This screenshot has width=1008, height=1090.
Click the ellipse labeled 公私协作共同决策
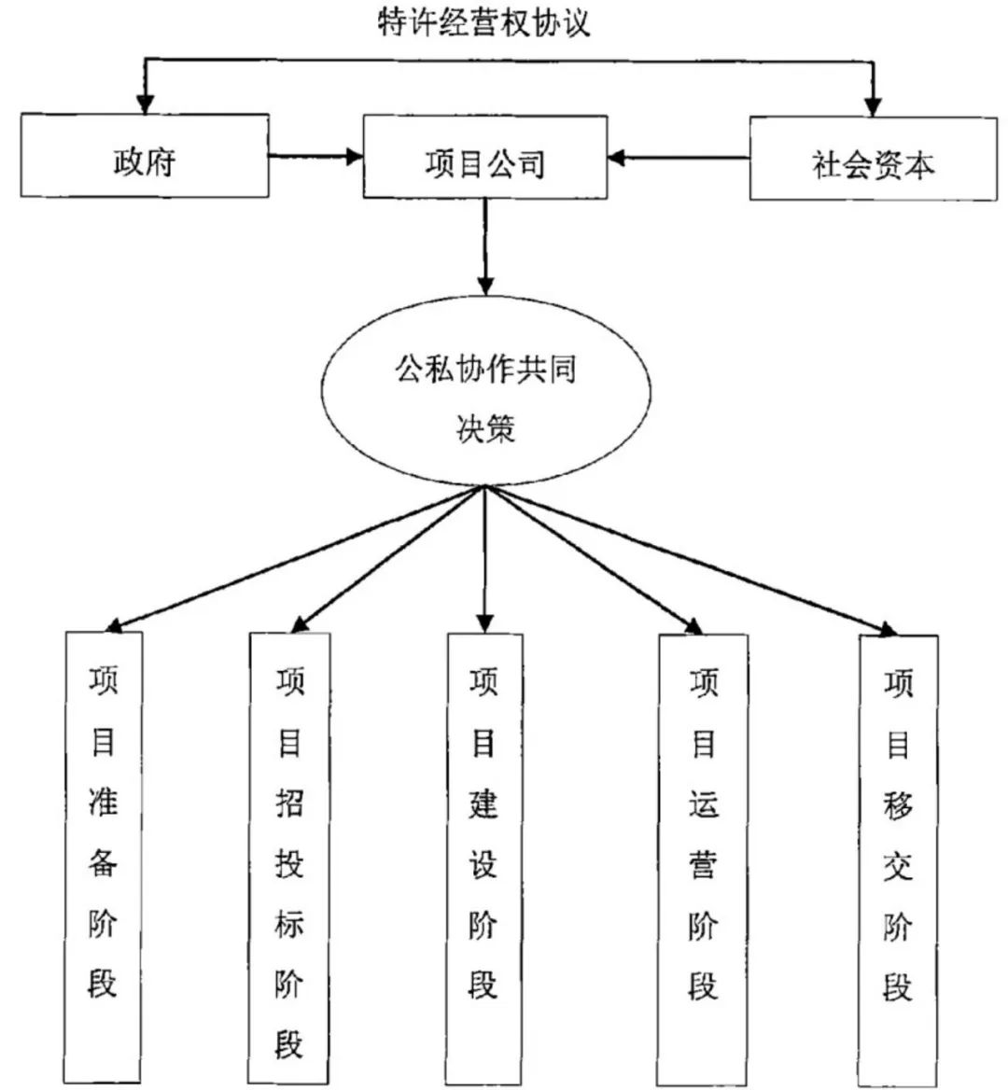[484, 397]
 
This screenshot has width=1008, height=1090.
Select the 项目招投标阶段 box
[289, 859]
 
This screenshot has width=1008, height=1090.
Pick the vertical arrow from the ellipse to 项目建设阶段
[484, 560]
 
